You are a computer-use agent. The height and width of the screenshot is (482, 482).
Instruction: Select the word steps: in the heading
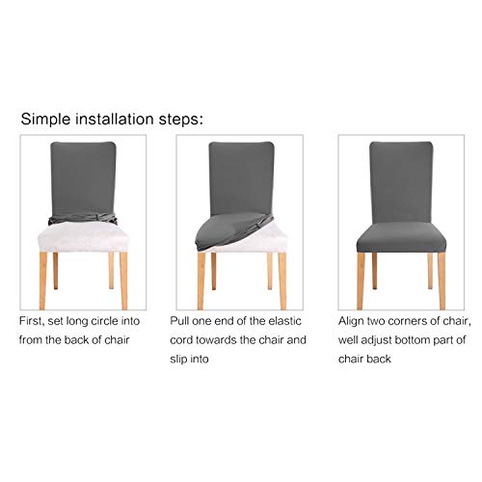tap(180, 120)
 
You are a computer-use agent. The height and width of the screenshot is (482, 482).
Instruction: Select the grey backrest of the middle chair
tap(241, 174)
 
